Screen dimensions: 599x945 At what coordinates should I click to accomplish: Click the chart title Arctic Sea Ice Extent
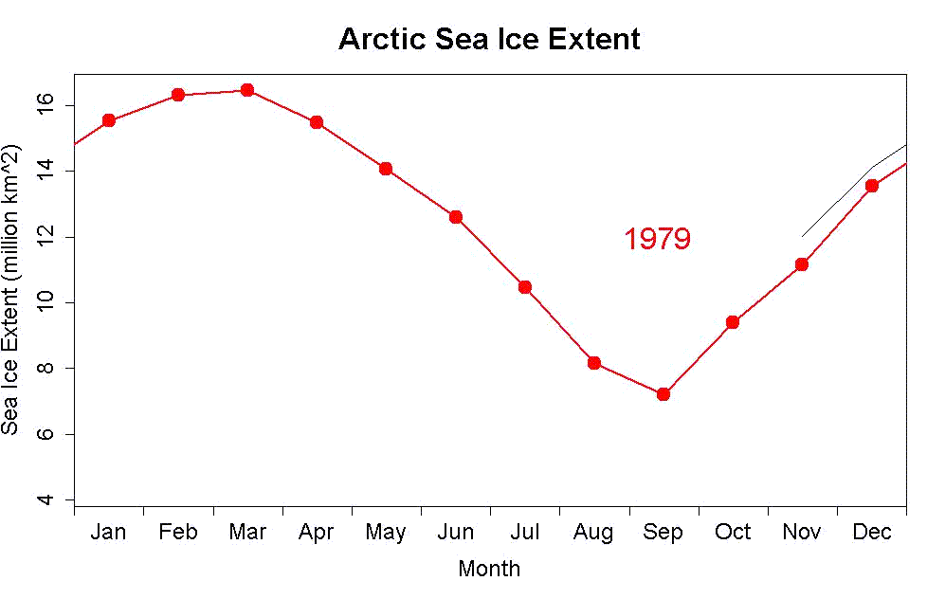[489, 40]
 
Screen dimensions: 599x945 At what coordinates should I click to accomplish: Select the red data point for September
[663, 393]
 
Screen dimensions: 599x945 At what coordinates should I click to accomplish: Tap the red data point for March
[247, 90]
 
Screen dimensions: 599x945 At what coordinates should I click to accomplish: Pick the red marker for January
[109, 120]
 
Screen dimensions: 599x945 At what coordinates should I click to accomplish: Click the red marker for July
[524, 287]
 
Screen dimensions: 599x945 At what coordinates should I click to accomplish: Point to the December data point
[872, 186]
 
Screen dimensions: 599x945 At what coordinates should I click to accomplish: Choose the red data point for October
[733, 322]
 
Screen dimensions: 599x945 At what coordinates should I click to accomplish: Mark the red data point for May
[386, 169]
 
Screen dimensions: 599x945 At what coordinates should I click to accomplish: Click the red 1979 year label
[657, 240]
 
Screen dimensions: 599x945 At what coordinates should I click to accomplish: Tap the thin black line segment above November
[834, 203]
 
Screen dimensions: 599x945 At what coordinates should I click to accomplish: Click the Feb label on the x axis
[178, 533]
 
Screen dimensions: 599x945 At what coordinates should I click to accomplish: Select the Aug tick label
[593, 533]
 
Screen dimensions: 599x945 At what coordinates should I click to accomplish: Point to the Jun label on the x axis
[456, 533]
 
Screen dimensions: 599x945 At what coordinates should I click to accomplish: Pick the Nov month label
[802, 533]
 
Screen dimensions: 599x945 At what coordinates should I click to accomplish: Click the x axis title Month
[489, 569]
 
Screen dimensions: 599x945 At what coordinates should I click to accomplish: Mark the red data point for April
[317, 122]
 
